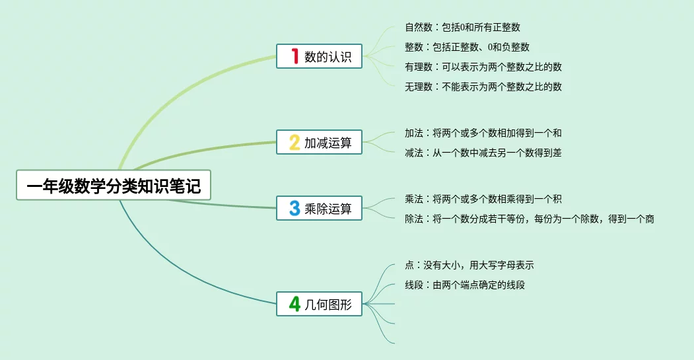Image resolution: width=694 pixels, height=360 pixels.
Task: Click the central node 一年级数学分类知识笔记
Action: coord(114,185)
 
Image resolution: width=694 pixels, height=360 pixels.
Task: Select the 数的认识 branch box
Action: coord(319,56)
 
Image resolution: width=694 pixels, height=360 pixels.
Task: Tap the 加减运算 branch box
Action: coord(319,142)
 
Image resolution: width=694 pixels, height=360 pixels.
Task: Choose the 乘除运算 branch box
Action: coord(319,208)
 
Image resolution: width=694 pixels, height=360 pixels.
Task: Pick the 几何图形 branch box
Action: coord(319,304)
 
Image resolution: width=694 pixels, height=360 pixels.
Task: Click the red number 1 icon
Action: coord(295,56)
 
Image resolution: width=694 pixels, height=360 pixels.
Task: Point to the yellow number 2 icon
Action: coord(295,142)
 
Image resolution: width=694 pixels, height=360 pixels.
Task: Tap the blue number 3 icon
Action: coord(295,208)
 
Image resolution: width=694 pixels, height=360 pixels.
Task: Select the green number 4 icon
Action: coord(295,304)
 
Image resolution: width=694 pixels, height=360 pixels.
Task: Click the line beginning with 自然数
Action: coord(462,28)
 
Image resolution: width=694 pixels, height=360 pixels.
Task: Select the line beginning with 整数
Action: coord(467,47)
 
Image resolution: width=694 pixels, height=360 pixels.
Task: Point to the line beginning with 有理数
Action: coord(483,67)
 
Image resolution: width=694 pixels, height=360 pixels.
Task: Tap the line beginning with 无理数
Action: coord(483,87)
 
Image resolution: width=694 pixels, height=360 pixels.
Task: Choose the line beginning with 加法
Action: coord(483,133)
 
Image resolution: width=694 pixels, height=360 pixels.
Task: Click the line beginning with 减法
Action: coord(483,153)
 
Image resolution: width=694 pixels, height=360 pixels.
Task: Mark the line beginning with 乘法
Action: coord(483,199)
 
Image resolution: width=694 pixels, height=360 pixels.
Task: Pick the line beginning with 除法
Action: coord(530,219)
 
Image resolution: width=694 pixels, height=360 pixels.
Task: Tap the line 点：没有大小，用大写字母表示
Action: coord(469,266)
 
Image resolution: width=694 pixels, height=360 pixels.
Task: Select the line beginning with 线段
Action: coord(465,285)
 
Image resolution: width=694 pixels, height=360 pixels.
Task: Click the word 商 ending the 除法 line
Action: coord(650,219)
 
